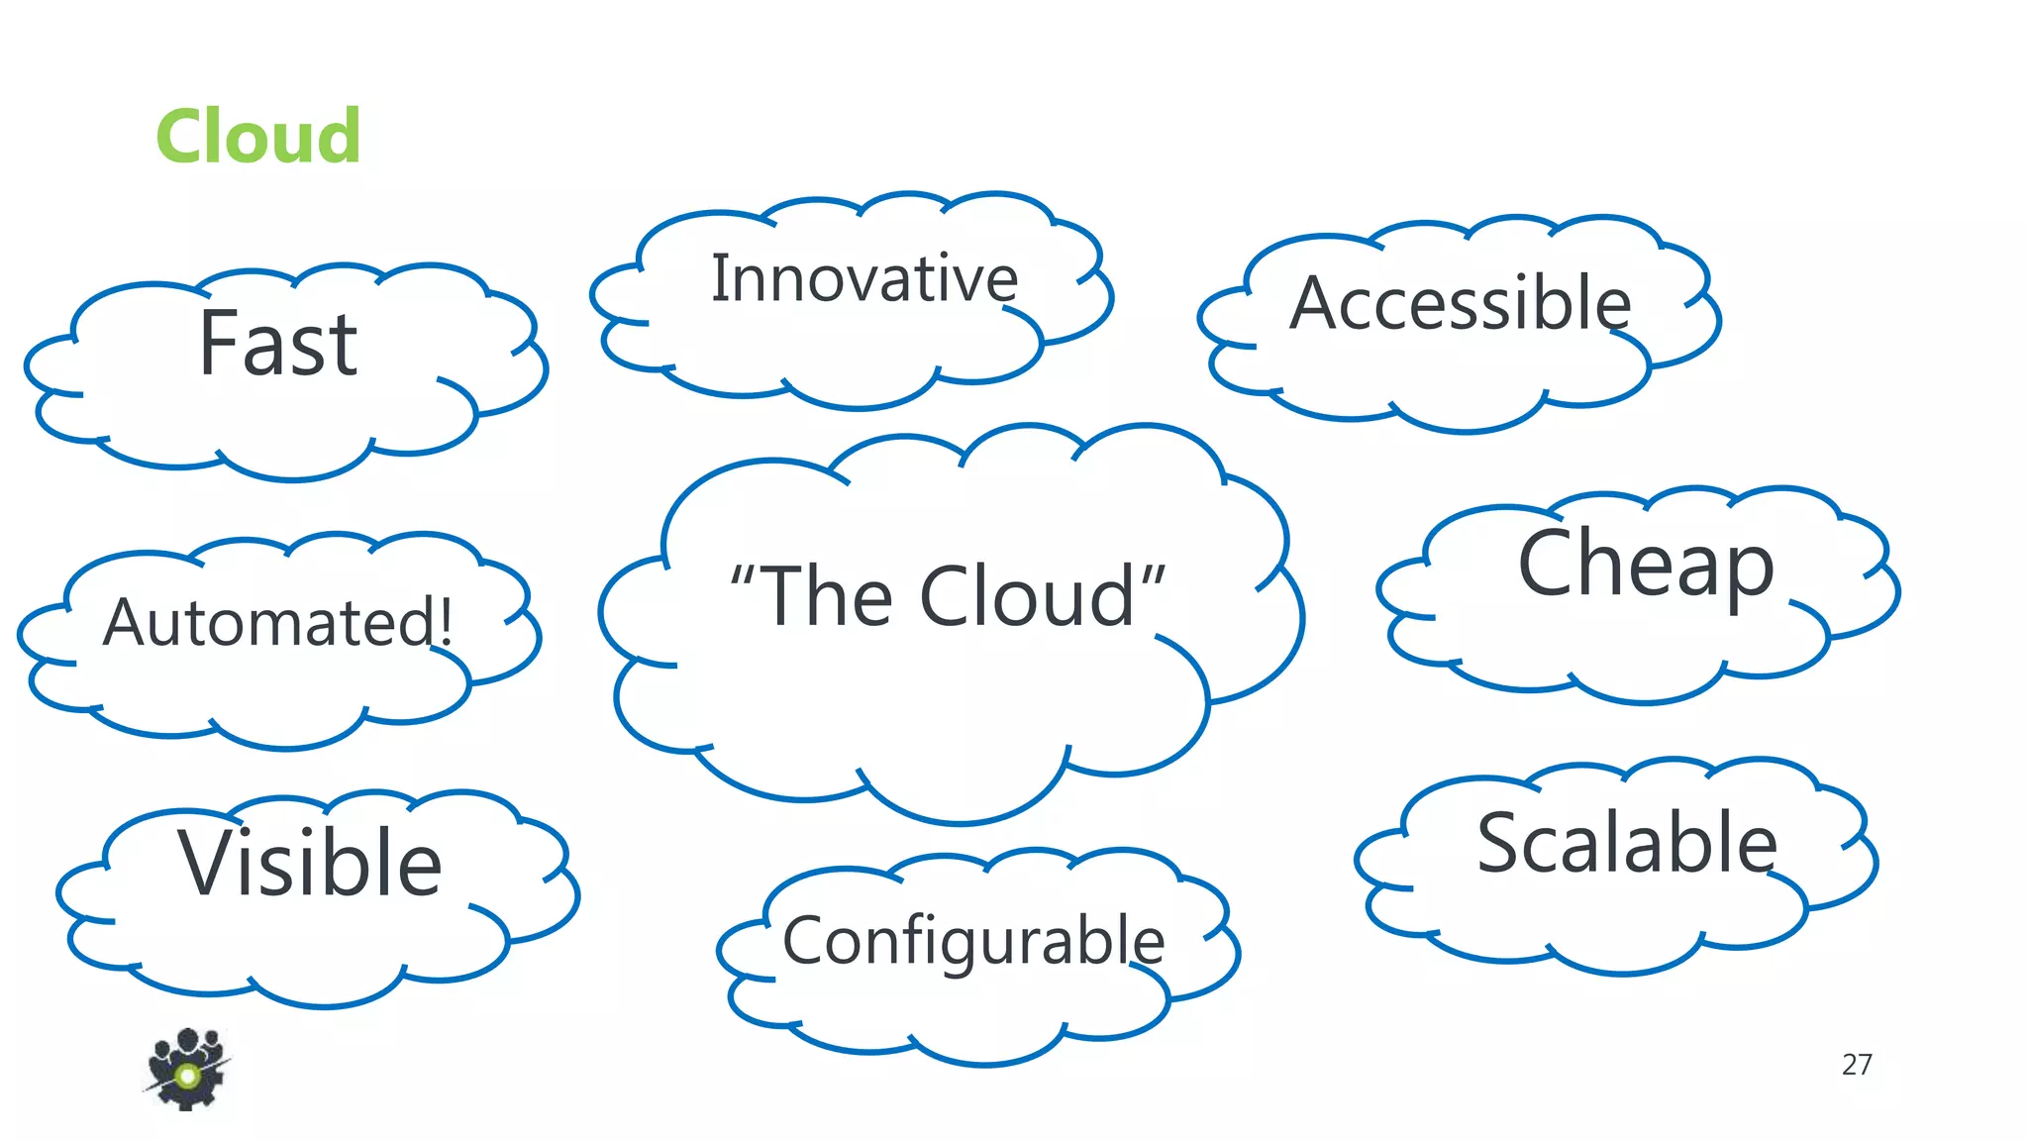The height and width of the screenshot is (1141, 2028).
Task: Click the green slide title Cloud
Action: click(258, 137)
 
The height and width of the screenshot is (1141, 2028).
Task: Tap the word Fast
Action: click(278, 345)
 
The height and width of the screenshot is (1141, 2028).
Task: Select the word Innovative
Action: click(864, 279)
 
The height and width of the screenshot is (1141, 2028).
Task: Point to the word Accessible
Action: click(1460, 303)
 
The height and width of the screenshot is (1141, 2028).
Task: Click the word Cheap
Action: click(1645, 565)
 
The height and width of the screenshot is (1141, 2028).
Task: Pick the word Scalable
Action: click(1627, 843)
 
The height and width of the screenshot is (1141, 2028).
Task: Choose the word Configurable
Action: click(973, 941)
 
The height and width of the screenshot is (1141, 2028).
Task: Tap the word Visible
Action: click(310, 864)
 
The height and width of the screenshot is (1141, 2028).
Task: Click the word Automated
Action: click(267, 623)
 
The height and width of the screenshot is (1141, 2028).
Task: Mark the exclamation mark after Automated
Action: click(445, 620)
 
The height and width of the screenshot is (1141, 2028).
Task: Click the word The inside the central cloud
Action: click(828, 597)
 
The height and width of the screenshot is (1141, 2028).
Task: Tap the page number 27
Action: click(1856, 1065)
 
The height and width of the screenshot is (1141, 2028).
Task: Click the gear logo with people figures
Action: click(186, 1070)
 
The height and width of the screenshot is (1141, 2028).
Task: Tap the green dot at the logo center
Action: click(187, 1076)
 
